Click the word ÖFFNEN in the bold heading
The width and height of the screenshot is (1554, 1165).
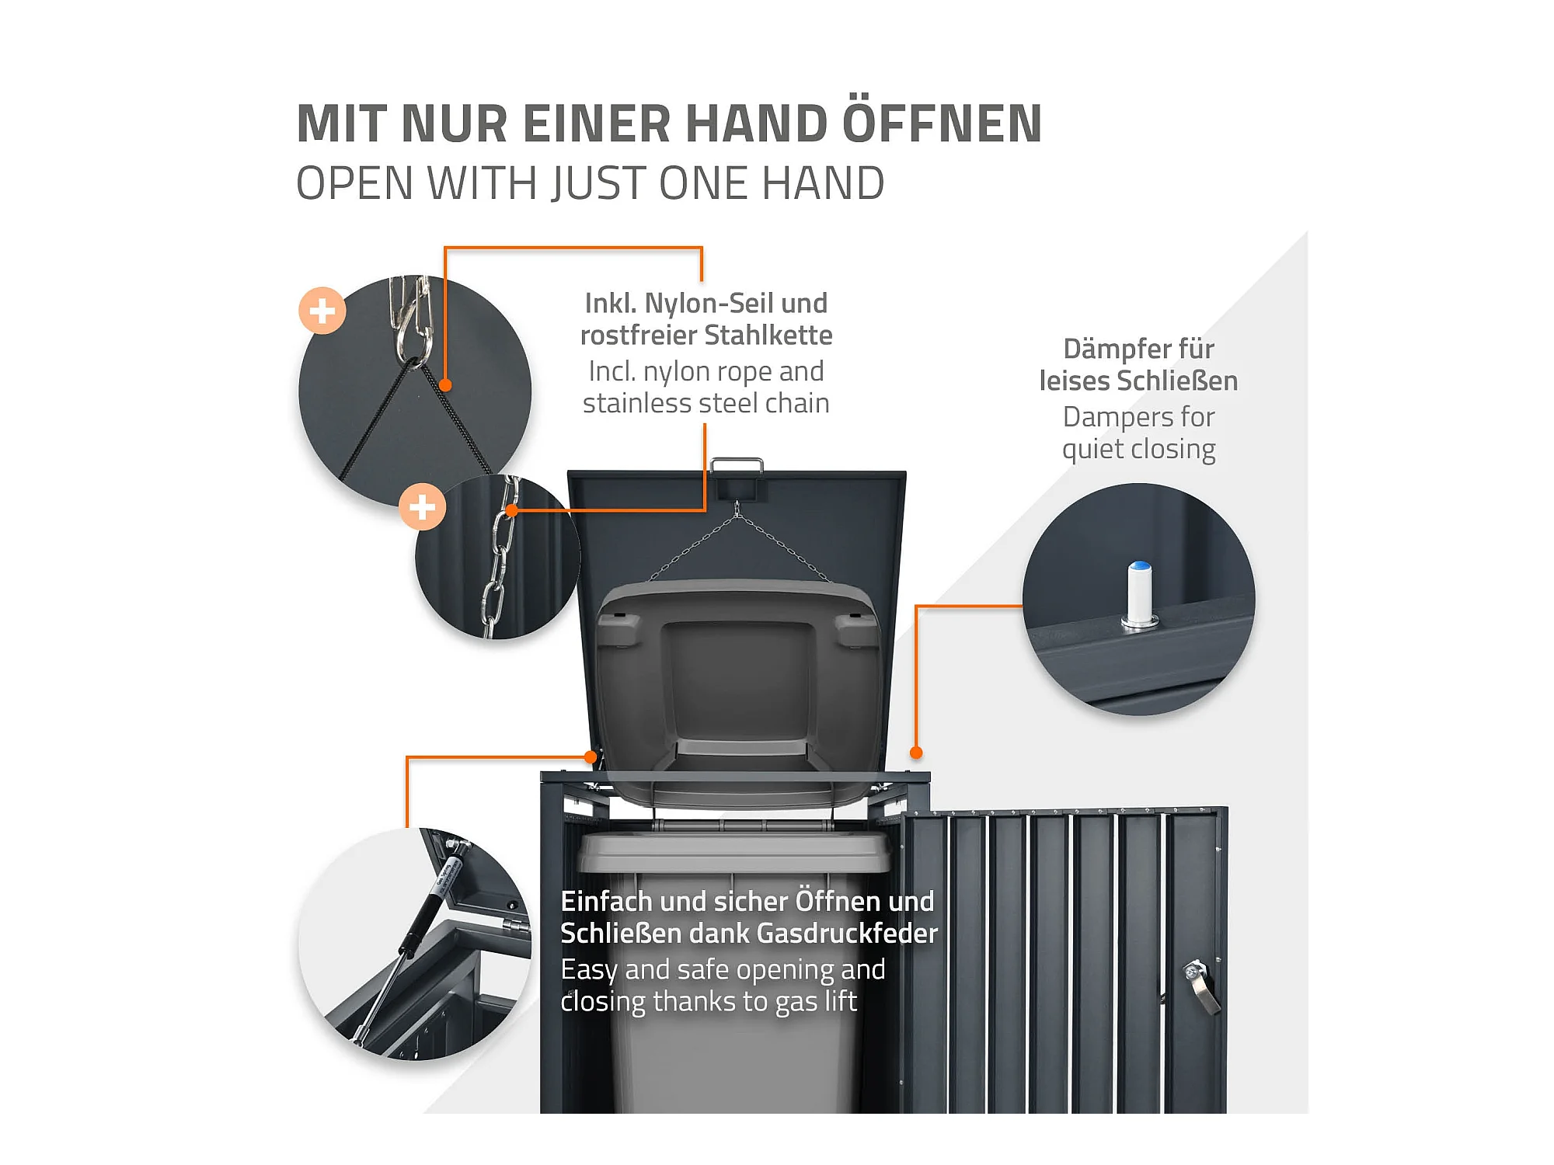pyautogui.click(x=942, y=123)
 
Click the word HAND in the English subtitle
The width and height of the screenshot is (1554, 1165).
pyautogui.click(x=823, y=183)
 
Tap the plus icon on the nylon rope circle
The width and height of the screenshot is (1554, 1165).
pyautogui.click(x=322, y=311)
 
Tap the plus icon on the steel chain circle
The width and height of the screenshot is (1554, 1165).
pyautogui.click(x=422, y=507)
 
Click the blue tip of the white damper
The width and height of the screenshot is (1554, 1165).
pyautogui.click(x=1140, y=565)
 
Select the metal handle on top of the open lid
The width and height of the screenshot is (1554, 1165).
pyautogui.click(x=737, y=464)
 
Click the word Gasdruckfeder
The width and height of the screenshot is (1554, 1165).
pyautogui.click(x=847, y=933)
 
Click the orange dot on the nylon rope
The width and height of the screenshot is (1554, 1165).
pyautogui.click(x=445, y=385)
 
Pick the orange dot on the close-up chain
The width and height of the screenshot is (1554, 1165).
pyautogui.click(x=512, y=510)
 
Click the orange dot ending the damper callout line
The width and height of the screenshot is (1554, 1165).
pyautogui.click(x=916, y=752)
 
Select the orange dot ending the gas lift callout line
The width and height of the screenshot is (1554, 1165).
pyautogui.click(x=591, y=756)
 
